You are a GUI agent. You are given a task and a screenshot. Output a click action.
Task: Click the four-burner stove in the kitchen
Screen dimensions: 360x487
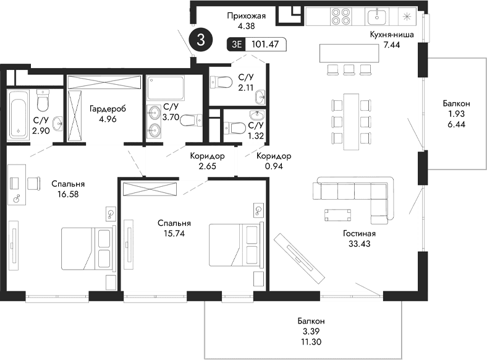(x=341, y=16)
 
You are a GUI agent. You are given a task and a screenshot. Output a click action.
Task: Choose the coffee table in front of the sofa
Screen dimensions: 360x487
(x=338, y=215)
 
